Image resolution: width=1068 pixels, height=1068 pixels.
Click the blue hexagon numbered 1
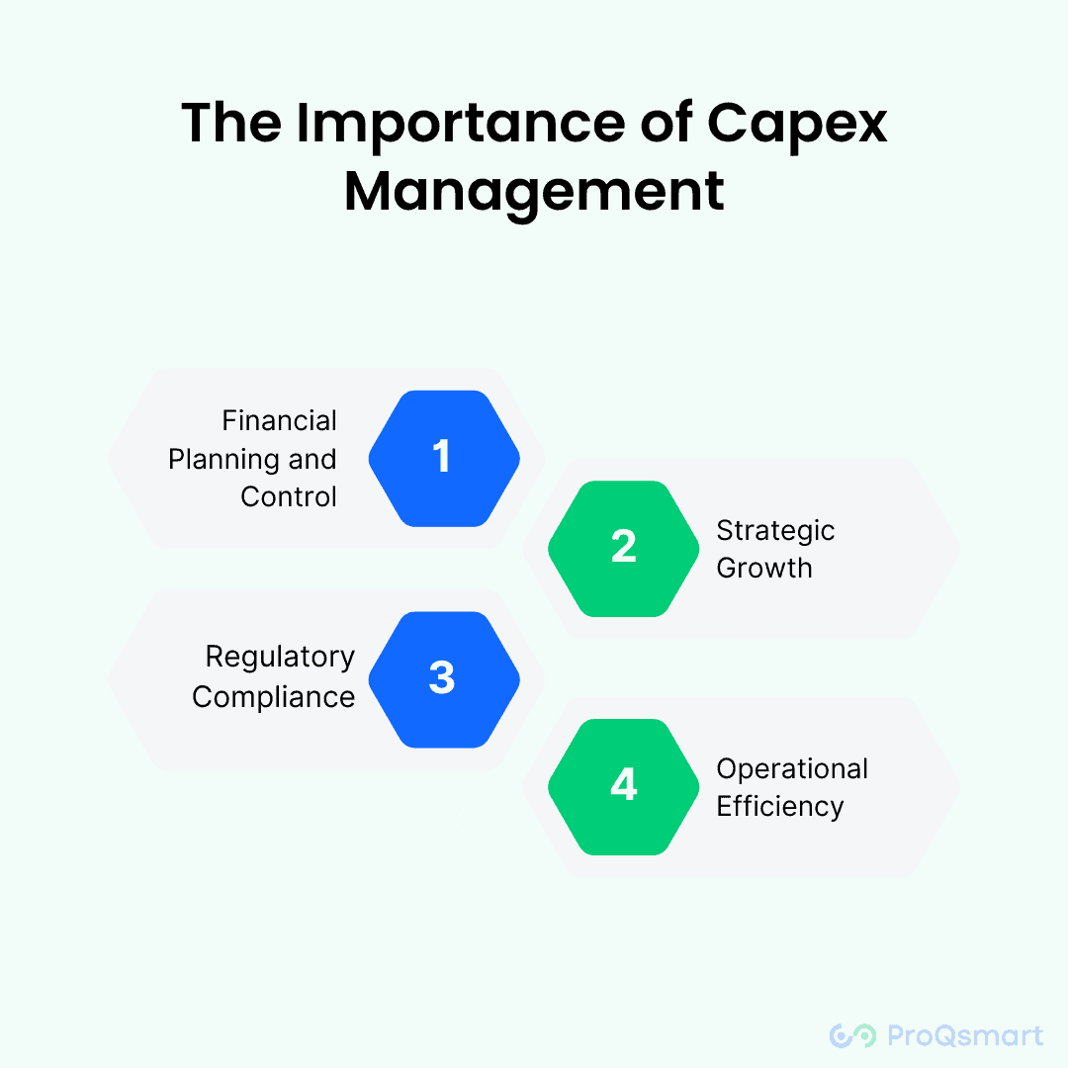pos(444,458)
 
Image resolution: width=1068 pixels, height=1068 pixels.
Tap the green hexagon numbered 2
pos(624,548)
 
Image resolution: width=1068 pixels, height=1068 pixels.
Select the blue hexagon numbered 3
pos(444,679)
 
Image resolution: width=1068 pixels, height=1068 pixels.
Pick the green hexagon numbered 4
pos(624,786)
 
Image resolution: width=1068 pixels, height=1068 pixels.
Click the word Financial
pos(280,421)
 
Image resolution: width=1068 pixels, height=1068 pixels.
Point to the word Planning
pos(224,460)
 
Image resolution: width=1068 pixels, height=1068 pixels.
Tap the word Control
pos(289,496)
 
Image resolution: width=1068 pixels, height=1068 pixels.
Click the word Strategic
pos(775,530)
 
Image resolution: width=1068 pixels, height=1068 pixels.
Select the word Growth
pos(764,569)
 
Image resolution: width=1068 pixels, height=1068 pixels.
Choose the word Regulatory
pos(280,658)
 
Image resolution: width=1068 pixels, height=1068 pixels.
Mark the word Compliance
pos(274,697)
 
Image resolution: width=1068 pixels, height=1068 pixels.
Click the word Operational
pos(792,768)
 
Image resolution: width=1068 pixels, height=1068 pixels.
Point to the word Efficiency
pos(780,807)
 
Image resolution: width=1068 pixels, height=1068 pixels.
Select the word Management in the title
pos(534,191)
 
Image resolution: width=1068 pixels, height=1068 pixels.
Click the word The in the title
pos(227,124)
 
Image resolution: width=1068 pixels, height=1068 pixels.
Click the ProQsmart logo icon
pos(852,1035)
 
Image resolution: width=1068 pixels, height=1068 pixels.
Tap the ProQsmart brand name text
pos(964,1035)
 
